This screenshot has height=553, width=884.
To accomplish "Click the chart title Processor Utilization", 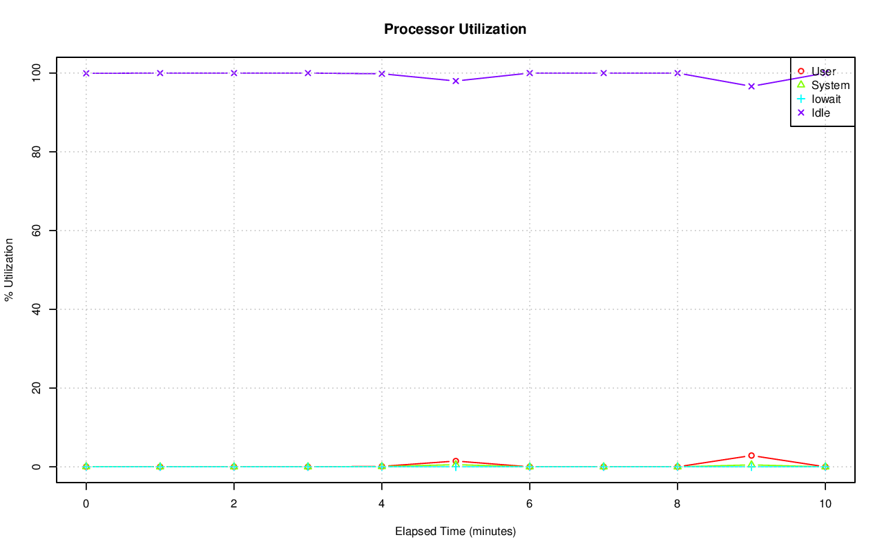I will click(x=455, y=29).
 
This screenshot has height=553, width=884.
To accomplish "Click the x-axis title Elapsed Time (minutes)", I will click(x=455, y=532).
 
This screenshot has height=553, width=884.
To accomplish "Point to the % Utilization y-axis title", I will click(x=10, y=269).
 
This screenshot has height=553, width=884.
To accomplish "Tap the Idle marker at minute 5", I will click(x=456, y=81).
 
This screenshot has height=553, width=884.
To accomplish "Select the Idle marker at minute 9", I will click(x=751, y=86).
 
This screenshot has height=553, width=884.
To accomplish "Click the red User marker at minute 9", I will click(x=751, y=456).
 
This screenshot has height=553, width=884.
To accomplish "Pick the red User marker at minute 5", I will click(x=456, y=461).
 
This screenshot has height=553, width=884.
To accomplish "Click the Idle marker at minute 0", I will click(x=86, y=73).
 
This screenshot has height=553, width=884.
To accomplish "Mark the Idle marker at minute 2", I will click(x=234, y=73).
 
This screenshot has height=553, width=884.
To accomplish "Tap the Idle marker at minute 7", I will click(x=604, y=73).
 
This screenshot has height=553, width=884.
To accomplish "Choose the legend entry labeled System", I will click(x=830, y=86).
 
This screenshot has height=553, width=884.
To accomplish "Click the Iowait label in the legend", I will click(x=826, y=99).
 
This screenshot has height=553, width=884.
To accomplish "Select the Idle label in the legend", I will click(x=820, y=113).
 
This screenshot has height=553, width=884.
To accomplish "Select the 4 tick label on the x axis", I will click(x=382, y=504).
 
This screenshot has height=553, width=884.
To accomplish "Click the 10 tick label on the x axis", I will click(x=825, y=504).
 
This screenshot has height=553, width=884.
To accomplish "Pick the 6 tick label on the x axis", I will click(x=530, y=504).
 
